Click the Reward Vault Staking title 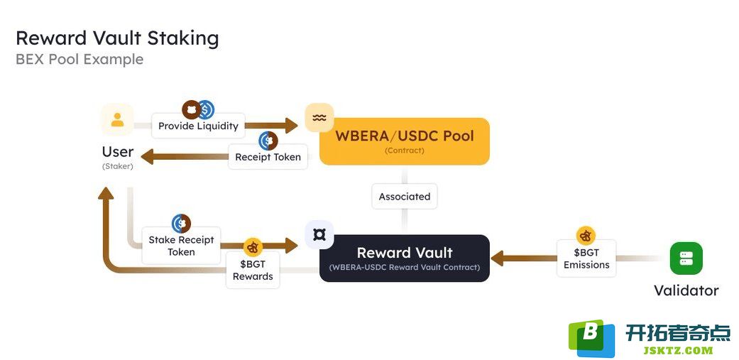point(117,38)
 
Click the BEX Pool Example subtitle point(80,60)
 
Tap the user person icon point(117,120)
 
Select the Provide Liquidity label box point(198,126)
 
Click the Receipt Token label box point(268,157)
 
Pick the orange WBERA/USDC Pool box point(405,141)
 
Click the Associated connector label point(405,197)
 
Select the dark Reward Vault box point(405,258)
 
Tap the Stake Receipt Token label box point(182,246)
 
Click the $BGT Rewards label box point(253,270)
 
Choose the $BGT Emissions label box point(586,258)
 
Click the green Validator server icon point(686,258)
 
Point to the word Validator point(686,290)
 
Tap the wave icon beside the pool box point(319,118)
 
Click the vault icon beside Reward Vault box point(319,234)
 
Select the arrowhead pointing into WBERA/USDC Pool point(291,126)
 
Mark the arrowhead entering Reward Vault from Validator point(498,258)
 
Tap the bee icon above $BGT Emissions point(586,236)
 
